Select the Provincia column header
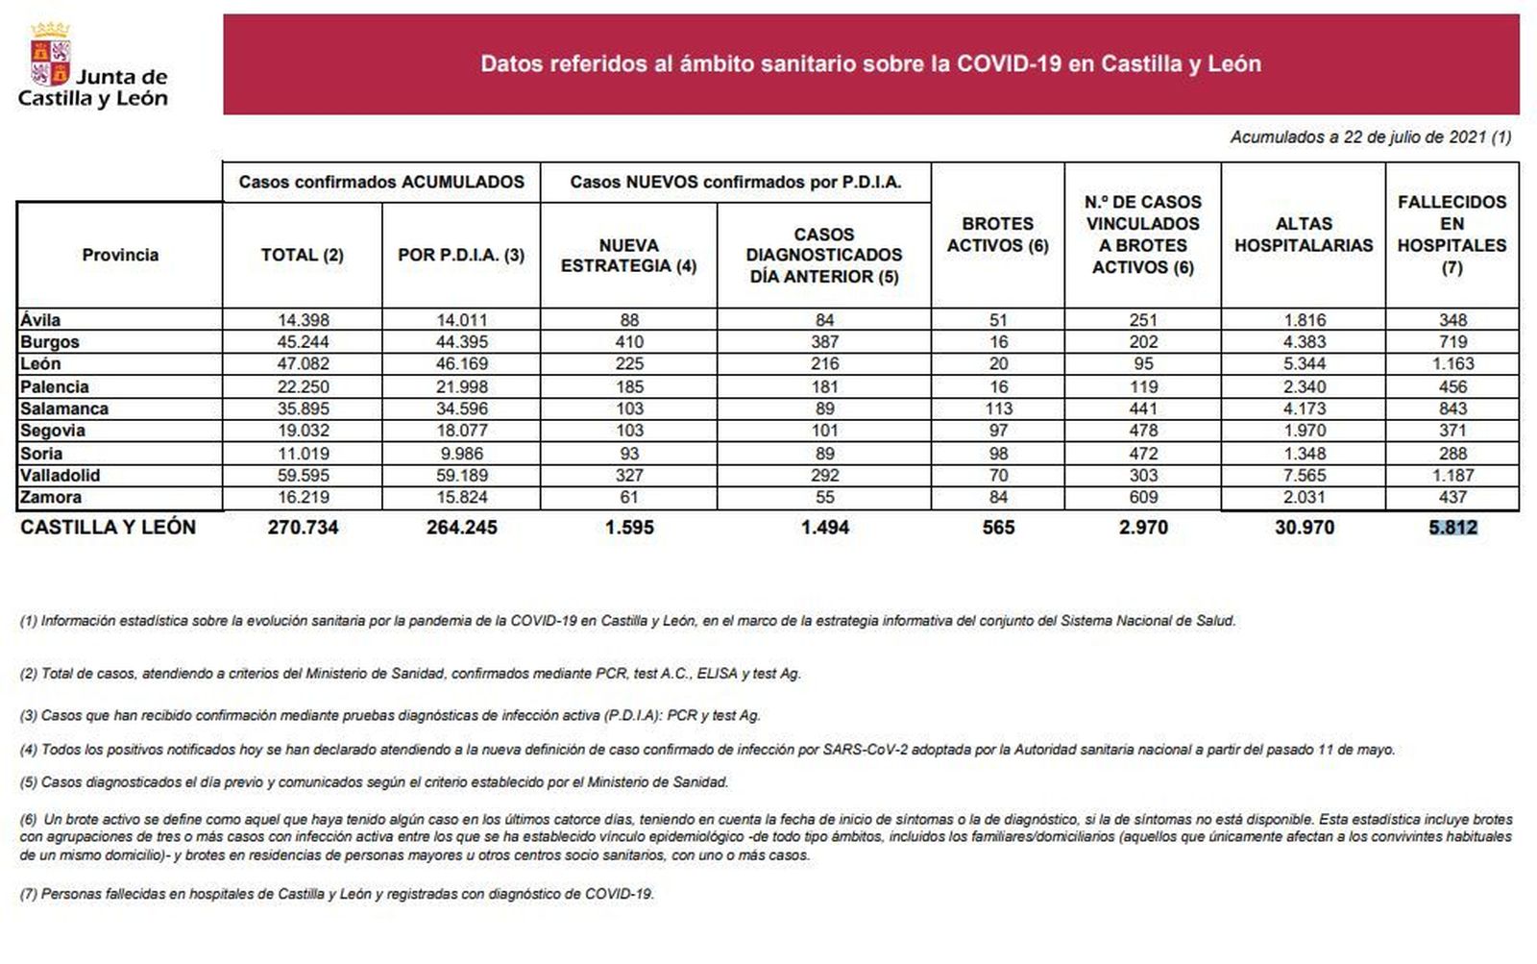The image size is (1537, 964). point(120,255)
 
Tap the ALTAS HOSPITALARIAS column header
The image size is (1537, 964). point(1304,235)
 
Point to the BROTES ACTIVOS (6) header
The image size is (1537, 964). point(997,235)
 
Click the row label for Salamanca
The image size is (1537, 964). point(64,408)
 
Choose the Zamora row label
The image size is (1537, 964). point(51,497)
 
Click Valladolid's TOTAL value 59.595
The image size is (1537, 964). point(303,475)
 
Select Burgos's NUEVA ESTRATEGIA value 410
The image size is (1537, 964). point(629,342)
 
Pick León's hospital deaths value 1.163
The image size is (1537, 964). point(1452,364)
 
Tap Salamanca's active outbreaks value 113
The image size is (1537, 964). point(998,408)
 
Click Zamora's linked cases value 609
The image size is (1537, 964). point(1143,497)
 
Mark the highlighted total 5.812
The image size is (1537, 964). point(1452,527)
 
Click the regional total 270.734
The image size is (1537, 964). point(303,527)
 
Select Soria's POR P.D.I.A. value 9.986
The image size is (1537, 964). point(461,453)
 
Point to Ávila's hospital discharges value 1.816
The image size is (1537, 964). point(1304,320)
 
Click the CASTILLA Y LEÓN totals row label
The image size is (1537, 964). point(108,527)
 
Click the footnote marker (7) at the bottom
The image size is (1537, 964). point(29,894)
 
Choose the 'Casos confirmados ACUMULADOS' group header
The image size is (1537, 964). point(381,182)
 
